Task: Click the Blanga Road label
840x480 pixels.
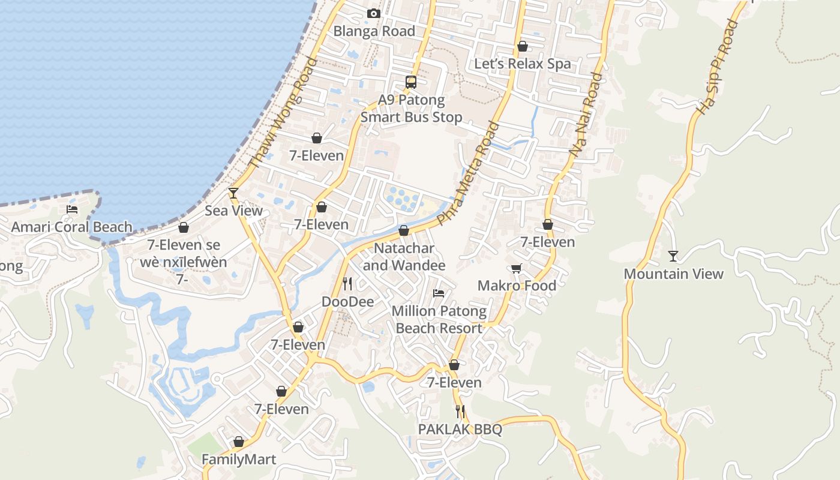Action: (374, 31)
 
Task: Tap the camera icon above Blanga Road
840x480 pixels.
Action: (373, 13)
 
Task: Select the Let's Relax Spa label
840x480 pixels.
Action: (522, 64)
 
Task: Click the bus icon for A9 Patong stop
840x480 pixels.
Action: (411, 82)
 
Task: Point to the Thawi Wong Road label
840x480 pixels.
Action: (282, 113)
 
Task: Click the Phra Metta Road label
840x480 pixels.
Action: (469, 173)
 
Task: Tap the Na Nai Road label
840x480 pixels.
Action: (586, 115)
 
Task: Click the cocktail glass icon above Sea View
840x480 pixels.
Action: (233, 193)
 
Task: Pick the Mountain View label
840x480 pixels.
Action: (673, 274)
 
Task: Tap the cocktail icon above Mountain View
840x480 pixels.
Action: (673, 256)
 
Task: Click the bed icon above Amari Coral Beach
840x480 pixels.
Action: (72, 209)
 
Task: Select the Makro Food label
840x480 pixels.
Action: (517, 286)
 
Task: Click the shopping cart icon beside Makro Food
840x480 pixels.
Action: (517, 268)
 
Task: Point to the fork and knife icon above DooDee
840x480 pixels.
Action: (347, 283)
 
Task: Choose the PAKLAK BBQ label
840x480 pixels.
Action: (460, 430)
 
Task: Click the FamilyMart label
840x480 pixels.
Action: (239, 460)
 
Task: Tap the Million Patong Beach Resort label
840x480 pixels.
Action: (439, 320)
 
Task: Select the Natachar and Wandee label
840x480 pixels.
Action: (404, 257)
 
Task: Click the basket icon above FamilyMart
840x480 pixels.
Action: (239, 442)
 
